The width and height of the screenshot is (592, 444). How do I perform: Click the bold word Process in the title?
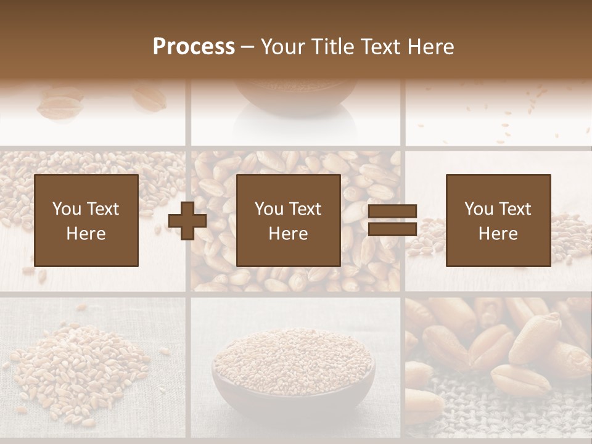pos(194,47)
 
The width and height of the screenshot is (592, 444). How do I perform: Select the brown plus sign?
pos(187,221)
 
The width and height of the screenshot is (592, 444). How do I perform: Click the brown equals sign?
pos(392,220)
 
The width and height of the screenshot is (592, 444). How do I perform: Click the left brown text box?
pos(86,220)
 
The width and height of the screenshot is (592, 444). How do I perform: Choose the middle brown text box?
pos(289,220)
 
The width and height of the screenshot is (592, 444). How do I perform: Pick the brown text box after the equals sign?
pos(498,220)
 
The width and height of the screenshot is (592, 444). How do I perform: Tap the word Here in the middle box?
pos(289,234)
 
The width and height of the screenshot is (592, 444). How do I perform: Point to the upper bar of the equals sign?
pos(392,211)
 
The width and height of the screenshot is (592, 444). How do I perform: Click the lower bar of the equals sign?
pos(392,229)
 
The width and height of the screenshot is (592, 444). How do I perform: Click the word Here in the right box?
pos(498,234)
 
